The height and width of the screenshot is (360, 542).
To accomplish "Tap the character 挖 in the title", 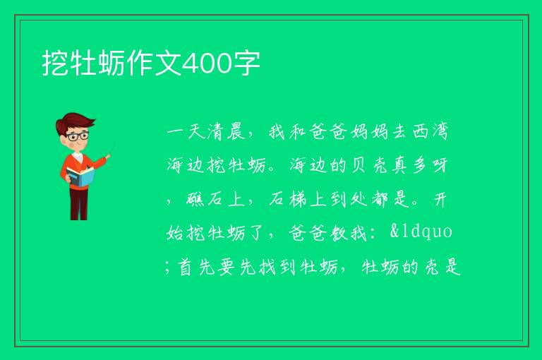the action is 55,64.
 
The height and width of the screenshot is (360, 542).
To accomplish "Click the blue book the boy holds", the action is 80,176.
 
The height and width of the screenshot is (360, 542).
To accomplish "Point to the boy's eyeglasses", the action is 78,136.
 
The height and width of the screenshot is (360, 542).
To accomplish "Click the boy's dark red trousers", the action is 79,204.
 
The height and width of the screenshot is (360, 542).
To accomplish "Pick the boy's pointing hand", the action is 107,157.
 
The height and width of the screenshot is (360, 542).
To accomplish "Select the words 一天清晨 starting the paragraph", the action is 205,132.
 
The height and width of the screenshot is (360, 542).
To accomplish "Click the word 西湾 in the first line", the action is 430,132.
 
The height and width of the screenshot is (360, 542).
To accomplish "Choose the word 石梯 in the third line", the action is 288,199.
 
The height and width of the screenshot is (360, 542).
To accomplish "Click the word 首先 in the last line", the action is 197,267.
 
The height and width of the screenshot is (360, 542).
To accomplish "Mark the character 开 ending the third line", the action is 440,199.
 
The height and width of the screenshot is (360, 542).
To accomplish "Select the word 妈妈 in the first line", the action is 369,132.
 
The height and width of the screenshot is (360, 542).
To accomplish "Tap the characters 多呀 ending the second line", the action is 430,165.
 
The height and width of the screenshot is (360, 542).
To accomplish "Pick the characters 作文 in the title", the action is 153,64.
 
